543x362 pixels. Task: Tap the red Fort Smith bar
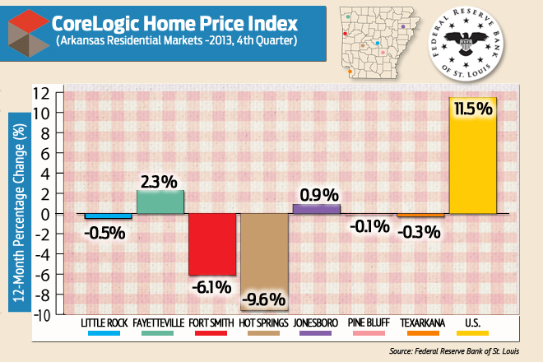point(212,244)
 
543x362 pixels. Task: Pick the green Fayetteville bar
point(160,202)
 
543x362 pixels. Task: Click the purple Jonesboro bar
point(317,209)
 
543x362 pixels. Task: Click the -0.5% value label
point(108,232)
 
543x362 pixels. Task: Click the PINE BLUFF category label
point(369,323)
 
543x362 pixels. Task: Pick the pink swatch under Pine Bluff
point(369,333)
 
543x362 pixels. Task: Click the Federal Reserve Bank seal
point(475,41)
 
